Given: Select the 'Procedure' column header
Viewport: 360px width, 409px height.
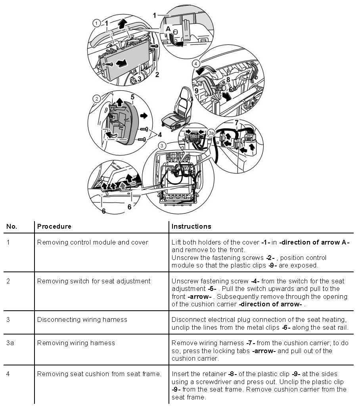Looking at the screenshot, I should [x=54, y=227].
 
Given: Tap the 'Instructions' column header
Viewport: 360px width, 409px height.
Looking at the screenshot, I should [x=191, y=227].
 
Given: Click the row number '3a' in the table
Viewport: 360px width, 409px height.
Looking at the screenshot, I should [x=11, y=343].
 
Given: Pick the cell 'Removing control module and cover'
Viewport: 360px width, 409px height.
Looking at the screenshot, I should [x=93, y=243].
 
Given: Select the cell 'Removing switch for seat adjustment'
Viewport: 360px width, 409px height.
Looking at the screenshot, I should [x=94, y=281].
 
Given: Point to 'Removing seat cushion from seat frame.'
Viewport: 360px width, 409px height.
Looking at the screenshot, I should [x=99, y=374].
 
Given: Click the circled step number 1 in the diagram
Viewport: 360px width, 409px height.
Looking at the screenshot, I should [x=96, y=23].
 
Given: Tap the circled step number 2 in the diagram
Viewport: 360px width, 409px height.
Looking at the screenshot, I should [x=96, y=98].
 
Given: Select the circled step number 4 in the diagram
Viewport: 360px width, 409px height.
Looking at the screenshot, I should [x=195, y=63].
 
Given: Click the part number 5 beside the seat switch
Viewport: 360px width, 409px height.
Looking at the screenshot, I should [x=132, y=96].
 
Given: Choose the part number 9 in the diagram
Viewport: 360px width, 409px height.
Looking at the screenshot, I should [x=196, y=90].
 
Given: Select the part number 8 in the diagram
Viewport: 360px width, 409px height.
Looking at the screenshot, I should [x=228, y=80].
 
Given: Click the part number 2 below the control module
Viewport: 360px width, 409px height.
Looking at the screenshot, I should [x=157, y=74].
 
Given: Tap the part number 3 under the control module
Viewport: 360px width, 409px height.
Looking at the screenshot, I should [x=139, y=78].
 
